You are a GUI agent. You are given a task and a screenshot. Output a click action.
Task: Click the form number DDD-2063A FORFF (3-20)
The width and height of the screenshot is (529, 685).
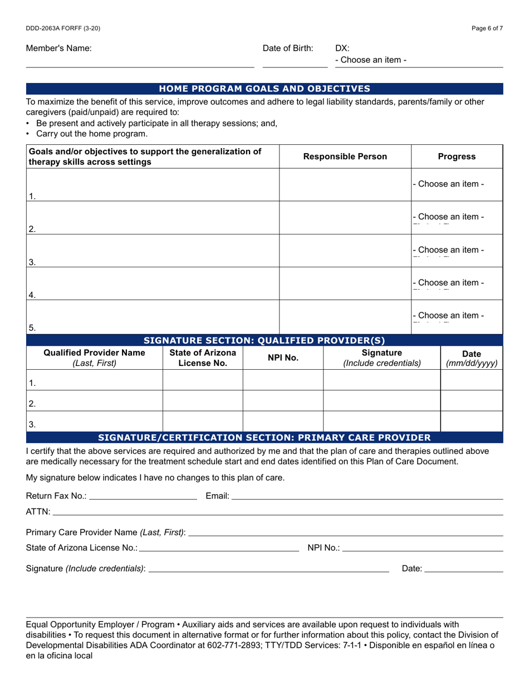click(x=63, y=28)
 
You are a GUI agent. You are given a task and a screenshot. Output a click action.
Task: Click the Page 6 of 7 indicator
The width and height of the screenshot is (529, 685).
click(x=487, y=28)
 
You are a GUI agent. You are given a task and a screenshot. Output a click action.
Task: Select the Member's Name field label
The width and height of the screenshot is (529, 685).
click(x=59, y=48)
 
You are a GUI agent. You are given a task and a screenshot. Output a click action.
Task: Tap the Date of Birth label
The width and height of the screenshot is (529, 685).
click(x=288, y=48)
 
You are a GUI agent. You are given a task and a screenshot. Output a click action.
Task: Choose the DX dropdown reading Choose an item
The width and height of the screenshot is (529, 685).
click(x=371, y=60)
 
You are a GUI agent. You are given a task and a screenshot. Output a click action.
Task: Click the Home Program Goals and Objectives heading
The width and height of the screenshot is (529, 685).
click(x=264, y=89)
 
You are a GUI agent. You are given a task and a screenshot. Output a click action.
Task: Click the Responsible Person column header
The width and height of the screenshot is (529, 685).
click(x=345, y=156)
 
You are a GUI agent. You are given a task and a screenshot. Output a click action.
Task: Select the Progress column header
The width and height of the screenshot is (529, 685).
click(x=457, y=156)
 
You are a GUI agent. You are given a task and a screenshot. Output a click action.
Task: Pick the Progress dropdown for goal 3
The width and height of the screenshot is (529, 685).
click(x=449, y=250)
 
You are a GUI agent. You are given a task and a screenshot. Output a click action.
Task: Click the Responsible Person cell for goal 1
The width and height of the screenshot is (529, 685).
click(x=345, y=185)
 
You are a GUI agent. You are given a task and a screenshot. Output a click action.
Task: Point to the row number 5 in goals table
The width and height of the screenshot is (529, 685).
click(x=32, y=328)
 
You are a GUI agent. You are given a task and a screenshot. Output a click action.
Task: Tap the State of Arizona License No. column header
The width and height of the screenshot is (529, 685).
click(x=203, y=358)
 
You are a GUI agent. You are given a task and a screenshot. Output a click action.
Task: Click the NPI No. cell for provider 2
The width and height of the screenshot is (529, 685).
click(x=283, y=401)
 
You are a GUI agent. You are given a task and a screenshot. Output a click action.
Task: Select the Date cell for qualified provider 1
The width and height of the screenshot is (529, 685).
click(x=472, y=380)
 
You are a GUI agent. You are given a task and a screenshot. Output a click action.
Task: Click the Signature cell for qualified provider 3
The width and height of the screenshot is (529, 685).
click(x=381, y=422)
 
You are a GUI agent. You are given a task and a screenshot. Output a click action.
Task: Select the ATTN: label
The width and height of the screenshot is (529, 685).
click(x=38, y=512)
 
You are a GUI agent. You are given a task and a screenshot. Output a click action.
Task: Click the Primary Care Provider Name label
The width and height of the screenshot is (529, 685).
click(x=106, y=532)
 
